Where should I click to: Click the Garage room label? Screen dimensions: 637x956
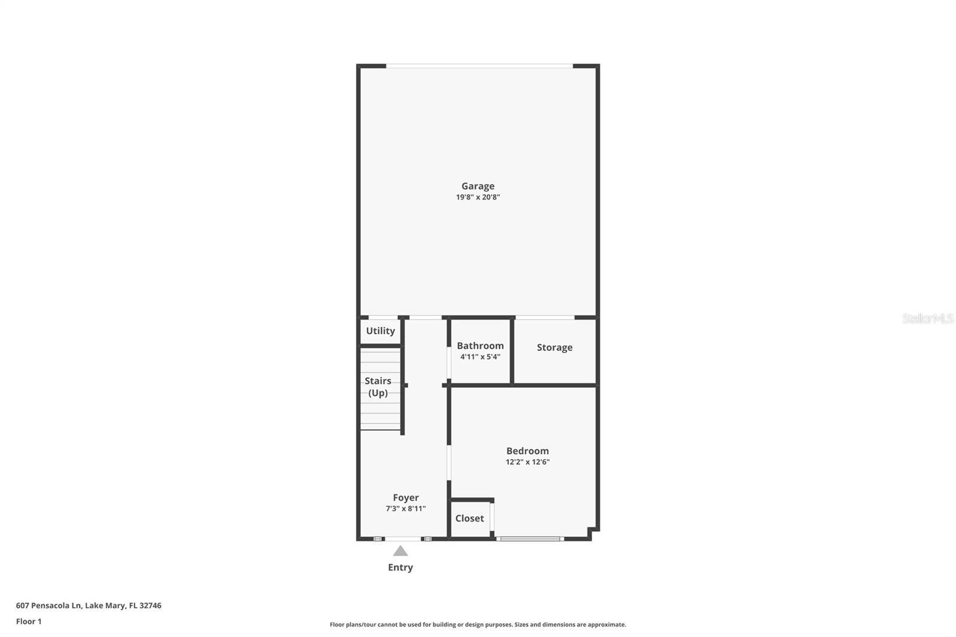point(477,186)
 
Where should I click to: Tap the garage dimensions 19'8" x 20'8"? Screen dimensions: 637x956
point(477,197)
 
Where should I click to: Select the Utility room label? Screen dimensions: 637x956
point(380,331)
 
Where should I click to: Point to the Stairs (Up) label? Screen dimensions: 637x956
point(378,387)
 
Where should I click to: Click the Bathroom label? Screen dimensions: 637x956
point(480,346)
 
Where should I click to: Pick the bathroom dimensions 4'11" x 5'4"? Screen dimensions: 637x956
point(480,357)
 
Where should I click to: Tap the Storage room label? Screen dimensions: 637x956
point(554,347)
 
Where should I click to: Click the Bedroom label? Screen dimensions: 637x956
point(527,451)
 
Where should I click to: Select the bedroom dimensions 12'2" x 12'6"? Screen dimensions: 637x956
point(527,462)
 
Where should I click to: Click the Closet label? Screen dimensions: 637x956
point(469,518)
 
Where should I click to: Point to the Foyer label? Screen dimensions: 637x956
point(406,498)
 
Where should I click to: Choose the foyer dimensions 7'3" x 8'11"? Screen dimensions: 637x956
point(406,509)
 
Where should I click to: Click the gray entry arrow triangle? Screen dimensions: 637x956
point(400,551)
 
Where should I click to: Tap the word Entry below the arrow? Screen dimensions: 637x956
point(400,567)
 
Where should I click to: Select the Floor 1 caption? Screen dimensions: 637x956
point(29,621)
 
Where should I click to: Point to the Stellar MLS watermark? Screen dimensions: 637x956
point(927,318)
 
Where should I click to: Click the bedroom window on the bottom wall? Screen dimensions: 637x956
point(530,539)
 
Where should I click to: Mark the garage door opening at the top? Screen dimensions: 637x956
point(479,65)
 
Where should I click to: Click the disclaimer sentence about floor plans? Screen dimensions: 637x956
point(478,624)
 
